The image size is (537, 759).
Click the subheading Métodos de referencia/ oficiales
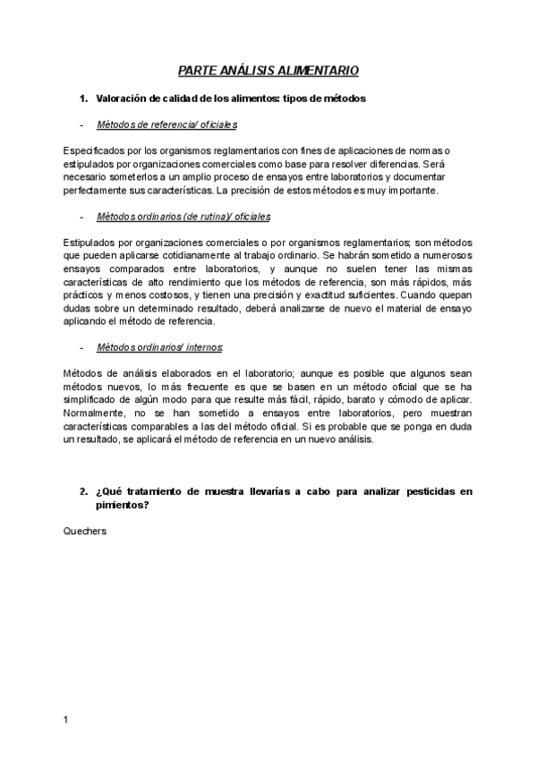[x=166, y=125]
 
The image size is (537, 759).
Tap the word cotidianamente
[x=192, y=256]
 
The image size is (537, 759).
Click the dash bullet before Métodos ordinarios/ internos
[x=81, y=346]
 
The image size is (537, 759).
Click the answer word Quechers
[x=85, y=531]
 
